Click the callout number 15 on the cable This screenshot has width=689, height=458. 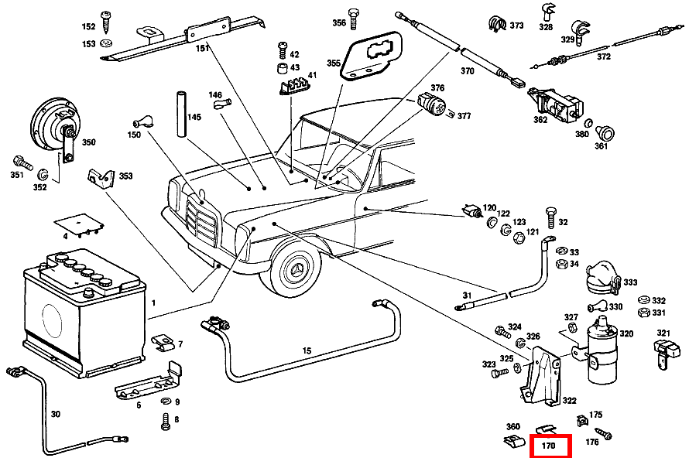307,351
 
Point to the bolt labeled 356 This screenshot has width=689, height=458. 353,12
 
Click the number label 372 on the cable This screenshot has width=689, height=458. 603,56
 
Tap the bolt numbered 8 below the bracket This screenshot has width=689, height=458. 164,423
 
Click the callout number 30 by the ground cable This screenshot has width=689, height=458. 55,414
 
